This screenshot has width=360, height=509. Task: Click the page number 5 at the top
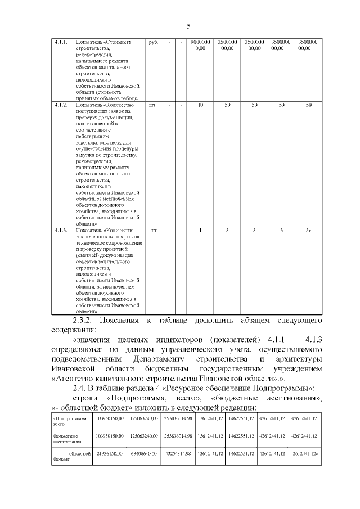click(188, 26)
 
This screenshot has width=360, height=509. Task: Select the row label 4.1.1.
click(61, 42)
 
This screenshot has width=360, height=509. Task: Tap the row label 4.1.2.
click(61, 105)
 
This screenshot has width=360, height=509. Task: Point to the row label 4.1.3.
click(61, 231)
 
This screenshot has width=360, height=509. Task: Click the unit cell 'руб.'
click(153, 42)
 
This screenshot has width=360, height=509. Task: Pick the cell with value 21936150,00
click(110, 453)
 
